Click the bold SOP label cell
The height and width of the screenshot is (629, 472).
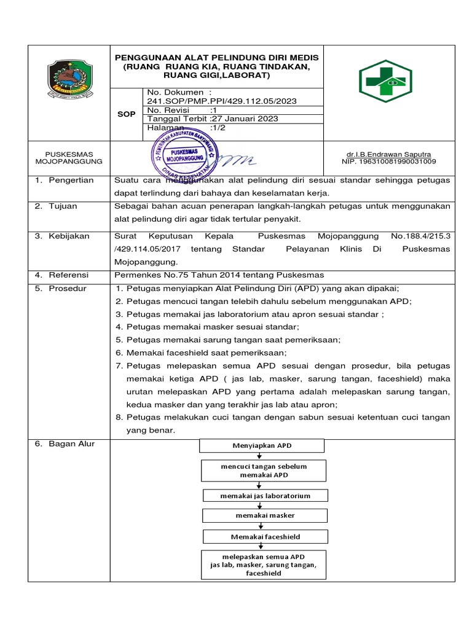pyautogui.click(x=127, y=114)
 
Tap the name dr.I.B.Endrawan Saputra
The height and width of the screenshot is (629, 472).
pyautogui.click(x=388, y=154)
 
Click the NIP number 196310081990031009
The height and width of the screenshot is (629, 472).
pyautogui.click(x=388, y=162)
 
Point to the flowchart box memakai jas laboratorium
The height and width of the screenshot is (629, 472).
pyautogui.click(x=265, y=495)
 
